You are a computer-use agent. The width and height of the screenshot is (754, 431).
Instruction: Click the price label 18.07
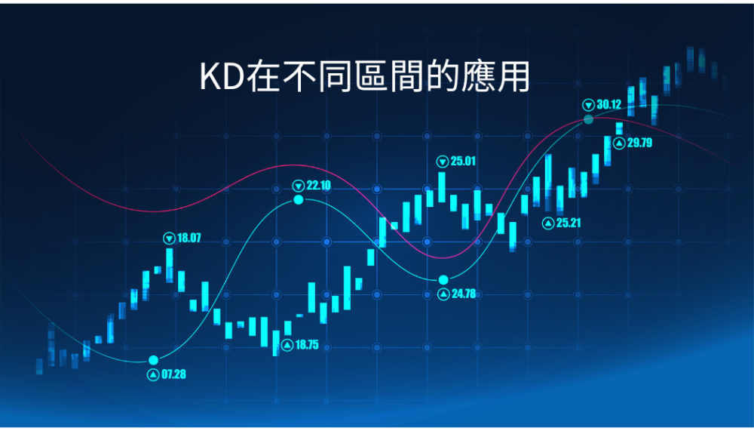pyautogui.click(x=189, y=238)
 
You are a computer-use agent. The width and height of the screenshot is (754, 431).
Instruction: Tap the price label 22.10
pyautogui.click(x=319, y=186)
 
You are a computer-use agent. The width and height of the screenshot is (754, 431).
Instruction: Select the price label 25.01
pyautogui.click(x=463, y=161)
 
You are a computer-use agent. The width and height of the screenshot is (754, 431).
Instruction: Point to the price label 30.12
pyautogui.click(x=608, y=104)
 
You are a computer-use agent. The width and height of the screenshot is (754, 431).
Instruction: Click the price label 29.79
pyautogui.click(x=639, y=143)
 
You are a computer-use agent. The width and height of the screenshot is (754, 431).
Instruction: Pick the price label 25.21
pyautogui.click(x=569, y=223)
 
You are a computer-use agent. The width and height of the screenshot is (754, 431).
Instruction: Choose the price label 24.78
pyautogui.click(x=464, y=294)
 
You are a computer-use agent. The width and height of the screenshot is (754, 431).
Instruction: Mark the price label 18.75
pyautogui.click(x=307, y=345)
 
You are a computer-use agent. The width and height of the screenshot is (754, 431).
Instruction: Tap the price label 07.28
pyautogui.click(x=173, y=374)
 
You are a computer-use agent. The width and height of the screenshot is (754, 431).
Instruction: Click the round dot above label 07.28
pyautogui.click(x=153, y=360)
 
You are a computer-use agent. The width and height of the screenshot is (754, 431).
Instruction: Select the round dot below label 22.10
pyautogui.click(x=299, y=199)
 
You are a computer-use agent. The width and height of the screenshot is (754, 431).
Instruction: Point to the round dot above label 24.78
pyautogui.click(x=443, y=280)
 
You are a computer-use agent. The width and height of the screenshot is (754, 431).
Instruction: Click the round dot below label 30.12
pyautogui.click(x=589, y=119)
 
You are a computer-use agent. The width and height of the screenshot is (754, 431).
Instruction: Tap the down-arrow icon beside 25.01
pyautogui.click(x=443, y=162)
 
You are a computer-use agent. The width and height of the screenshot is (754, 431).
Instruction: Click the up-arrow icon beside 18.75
pyautogui.click(x=287, y=345)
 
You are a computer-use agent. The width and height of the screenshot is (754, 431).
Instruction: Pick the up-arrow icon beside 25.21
pyautogui.click(x=547, y=223)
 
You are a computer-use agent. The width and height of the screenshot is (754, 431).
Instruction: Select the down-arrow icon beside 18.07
pyautogui.click(x=169, y=238)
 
